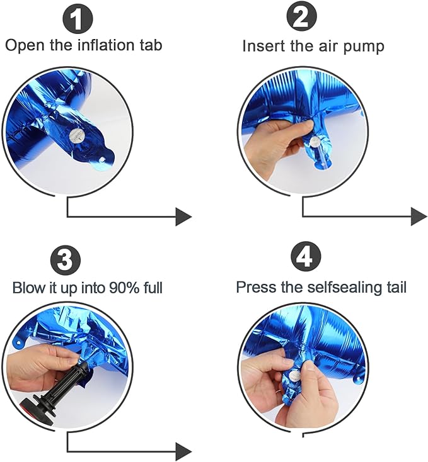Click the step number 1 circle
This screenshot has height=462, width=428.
[78, 20]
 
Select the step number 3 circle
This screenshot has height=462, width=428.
[66, 259]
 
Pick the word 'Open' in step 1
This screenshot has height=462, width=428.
[23, 45]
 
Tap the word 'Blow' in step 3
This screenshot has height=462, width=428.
[28, 288]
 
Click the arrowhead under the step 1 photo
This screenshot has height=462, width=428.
[183, 217]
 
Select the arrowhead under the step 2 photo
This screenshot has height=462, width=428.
[419, 217]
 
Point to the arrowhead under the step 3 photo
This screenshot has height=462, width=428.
[183, 451]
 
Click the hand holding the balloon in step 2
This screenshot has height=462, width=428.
[274, 145]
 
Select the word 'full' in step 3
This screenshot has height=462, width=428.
[152, 288]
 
